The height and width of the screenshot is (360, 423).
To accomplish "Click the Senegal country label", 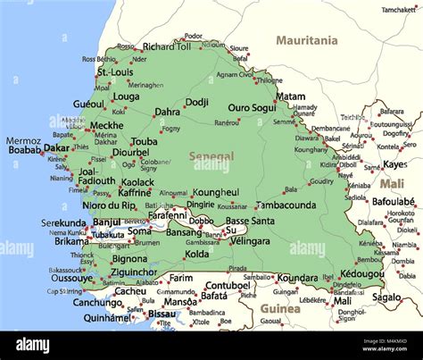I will (x=212, y=156).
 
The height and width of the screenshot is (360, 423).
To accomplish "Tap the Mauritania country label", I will (x=307, y=40).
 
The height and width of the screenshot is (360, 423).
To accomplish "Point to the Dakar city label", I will (x=57, y=148).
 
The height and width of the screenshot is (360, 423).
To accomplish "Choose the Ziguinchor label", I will (x=134, y=272).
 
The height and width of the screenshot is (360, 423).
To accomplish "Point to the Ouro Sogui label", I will (x=252, y=107).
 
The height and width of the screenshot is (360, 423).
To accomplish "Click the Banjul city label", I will (x=106, y=222).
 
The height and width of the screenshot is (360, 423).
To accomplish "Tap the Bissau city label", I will (x=162, y=314).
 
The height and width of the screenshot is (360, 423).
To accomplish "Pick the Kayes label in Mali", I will (x=394, y=164).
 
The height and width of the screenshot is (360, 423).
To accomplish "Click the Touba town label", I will (x=144, y=141).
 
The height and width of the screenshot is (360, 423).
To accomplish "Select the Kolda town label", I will (x=196, y=254).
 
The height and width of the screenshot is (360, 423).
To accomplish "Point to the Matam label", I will (x=290, y=96).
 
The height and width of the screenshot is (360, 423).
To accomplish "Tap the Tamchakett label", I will (x=398, y=10).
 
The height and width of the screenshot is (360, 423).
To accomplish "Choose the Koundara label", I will (x=297, y=278).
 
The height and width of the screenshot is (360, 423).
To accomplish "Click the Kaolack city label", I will (x=137, y=181).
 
